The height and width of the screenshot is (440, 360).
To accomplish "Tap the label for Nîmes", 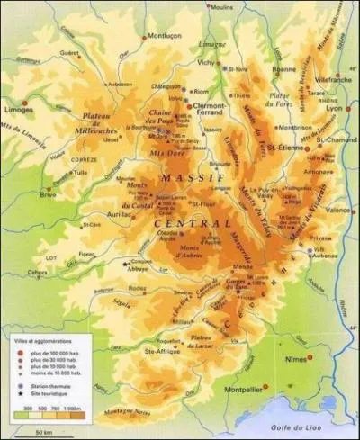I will [x=322, y=358].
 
